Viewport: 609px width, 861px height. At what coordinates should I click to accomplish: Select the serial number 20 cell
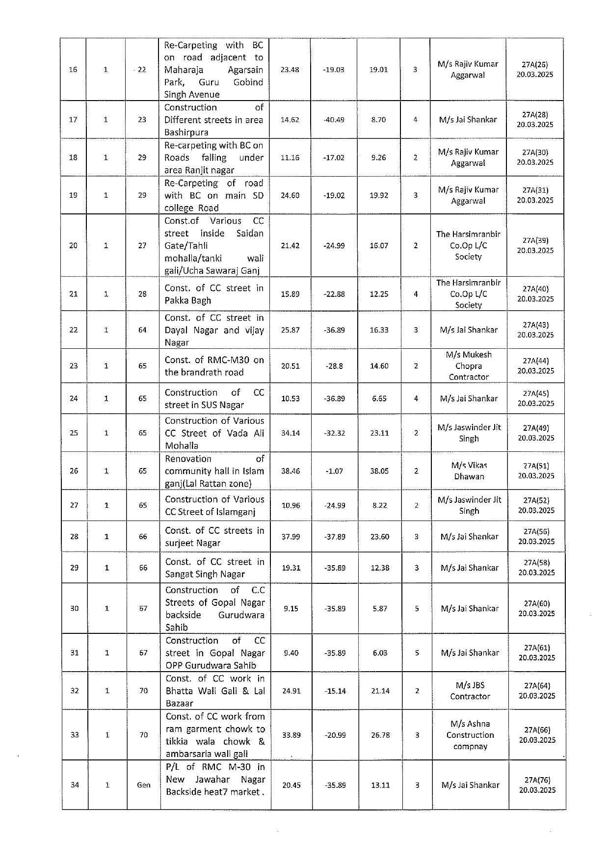click(73, 245)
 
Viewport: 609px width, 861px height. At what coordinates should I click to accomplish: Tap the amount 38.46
click(291, 471)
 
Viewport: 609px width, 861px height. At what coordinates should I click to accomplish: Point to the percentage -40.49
click(334, 120)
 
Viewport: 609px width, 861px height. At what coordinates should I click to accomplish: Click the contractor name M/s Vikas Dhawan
click(469, 471)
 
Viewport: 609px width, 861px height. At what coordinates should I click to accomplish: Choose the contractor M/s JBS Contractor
click(470, 691)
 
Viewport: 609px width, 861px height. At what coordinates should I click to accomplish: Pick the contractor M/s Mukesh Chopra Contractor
click(469, 366)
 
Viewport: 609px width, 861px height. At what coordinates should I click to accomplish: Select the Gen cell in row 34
click(143, 785)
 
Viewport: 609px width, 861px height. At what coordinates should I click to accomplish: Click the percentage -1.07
click(334, 471)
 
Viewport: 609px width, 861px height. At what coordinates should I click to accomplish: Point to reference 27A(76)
click(537, 780)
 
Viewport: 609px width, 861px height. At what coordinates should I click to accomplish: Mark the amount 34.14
click(291, 433)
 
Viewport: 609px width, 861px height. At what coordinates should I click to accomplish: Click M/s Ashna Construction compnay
click(470, 735)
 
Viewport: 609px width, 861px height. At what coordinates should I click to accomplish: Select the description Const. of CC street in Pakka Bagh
click(214, 294)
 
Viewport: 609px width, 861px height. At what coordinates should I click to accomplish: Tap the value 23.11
click(379, 433)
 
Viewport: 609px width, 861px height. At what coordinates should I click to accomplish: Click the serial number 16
click(73, 70)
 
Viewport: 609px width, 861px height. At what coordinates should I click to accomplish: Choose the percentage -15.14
click(335, 691)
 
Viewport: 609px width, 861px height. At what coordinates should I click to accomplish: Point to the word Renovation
click(188, 459)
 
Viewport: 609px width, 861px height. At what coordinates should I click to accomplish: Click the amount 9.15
click(291, 608)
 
